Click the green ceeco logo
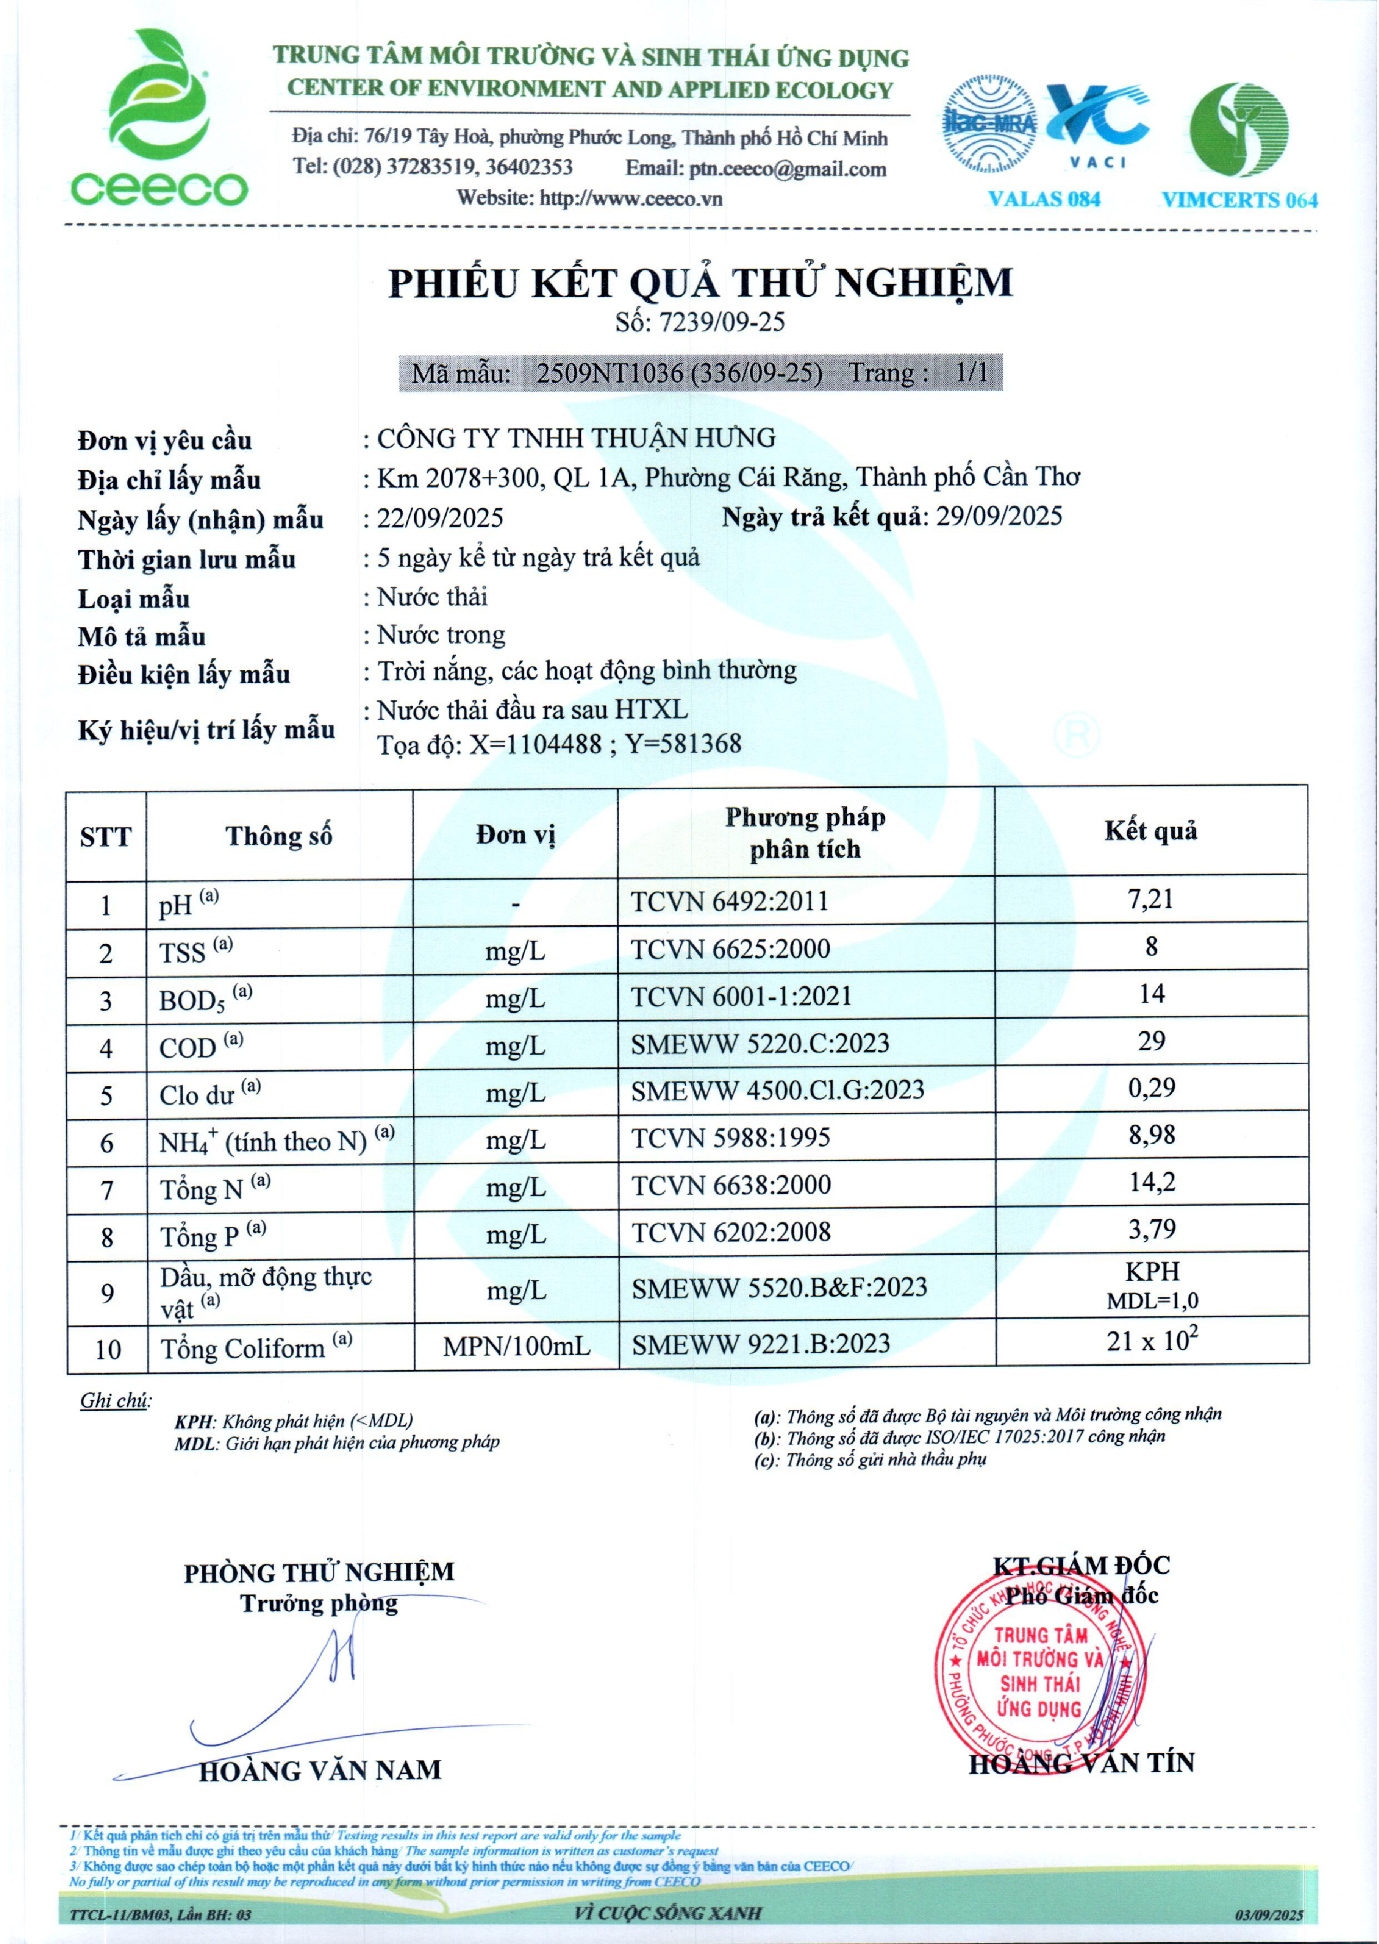tap(158, 119)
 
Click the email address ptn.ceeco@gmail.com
tap(787, 169)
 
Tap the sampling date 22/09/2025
tap(440, 518)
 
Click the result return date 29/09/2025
tap(999, 517)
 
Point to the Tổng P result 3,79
tap(1151, 1230)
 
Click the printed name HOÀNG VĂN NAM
tap(320, 1771)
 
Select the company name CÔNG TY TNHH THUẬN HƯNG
tap(576, 438)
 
